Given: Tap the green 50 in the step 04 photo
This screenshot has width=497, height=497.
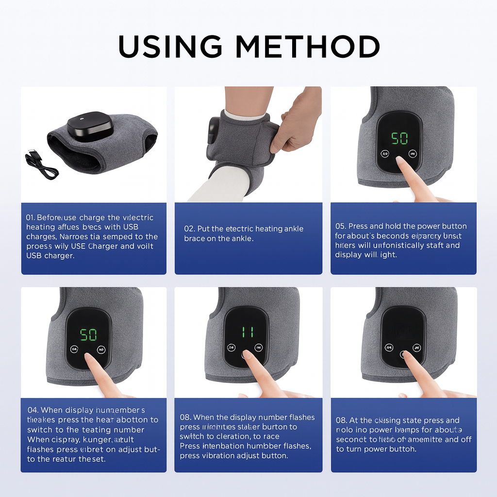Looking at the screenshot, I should point(88,334).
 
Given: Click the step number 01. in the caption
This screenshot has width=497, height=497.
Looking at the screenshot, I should point(31,218).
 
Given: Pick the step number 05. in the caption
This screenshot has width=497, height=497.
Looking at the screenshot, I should point(341,226).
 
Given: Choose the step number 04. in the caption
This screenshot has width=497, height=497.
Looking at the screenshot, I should point(33,411).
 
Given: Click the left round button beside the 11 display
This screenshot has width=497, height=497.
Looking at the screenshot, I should point(231,348).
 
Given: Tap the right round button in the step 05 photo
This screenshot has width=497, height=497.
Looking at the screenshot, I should point(413,154).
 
